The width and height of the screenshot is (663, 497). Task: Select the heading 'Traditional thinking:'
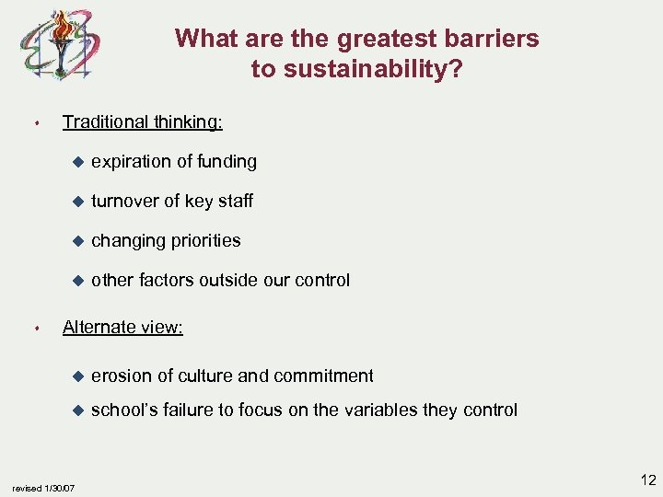[142, 121]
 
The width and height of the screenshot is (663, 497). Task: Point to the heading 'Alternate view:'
[122, 327]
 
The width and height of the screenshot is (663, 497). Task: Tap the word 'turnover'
[125, 202]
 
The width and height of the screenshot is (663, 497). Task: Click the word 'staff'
[234, 202]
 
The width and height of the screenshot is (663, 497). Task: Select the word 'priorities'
[206, 241]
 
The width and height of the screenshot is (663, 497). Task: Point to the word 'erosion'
[121, 376]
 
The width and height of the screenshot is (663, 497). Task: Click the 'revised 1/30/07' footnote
[43, 486]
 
